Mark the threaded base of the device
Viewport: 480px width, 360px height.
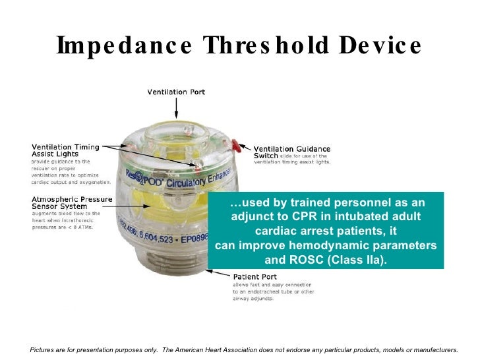[x=173, y=277]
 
